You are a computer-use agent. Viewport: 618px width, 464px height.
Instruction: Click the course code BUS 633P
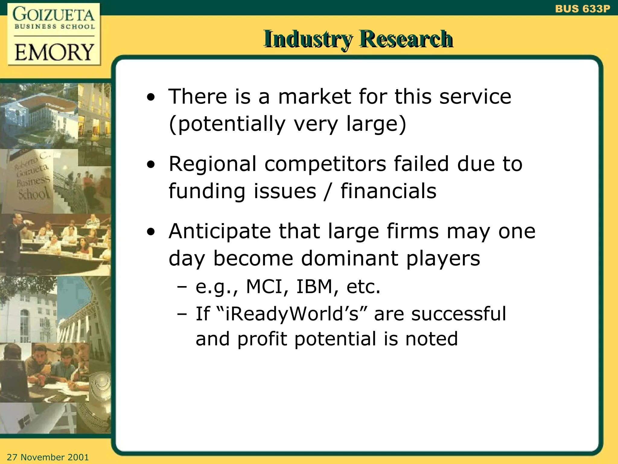point(582,9)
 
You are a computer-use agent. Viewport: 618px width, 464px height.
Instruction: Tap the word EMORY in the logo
point(54,52)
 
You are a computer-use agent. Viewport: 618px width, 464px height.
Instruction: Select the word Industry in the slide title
point(308,39)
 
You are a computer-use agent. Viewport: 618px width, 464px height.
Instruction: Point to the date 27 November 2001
point(48,457)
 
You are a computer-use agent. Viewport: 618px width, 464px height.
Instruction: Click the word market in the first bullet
point(314,97)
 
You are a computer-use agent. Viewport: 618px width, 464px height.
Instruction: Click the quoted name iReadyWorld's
point(291,314)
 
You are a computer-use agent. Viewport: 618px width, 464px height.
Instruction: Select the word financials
point(388,191)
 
